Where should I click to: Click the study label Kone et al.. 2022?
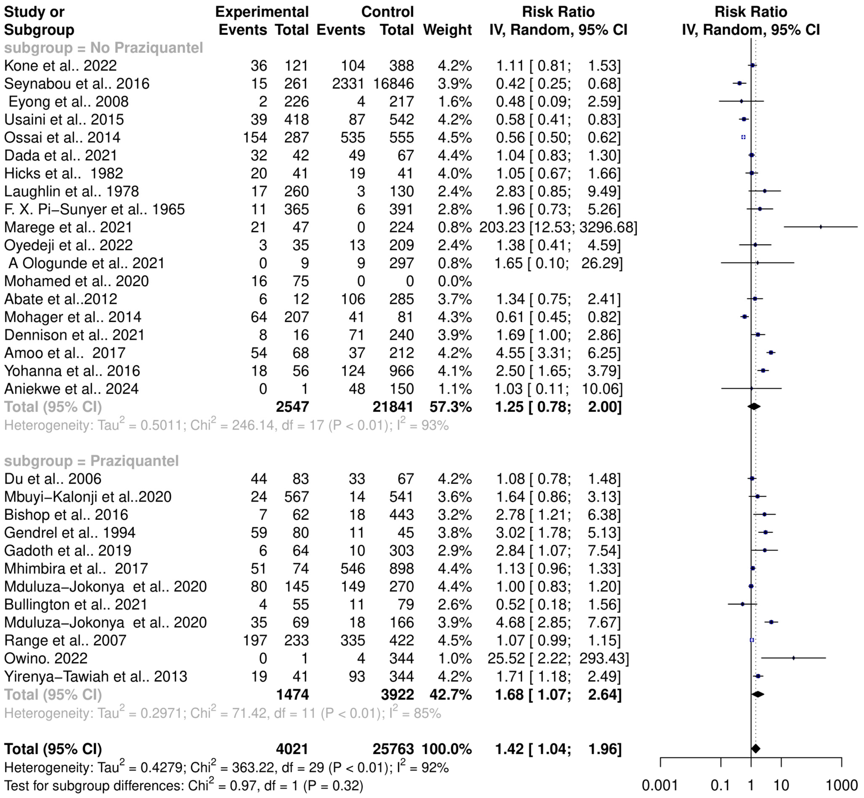60,66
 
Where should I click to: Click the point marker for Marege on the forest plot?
821,227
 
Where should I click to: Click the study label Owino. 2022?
46,658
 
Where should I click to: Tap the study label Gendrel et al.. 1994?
70,532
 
